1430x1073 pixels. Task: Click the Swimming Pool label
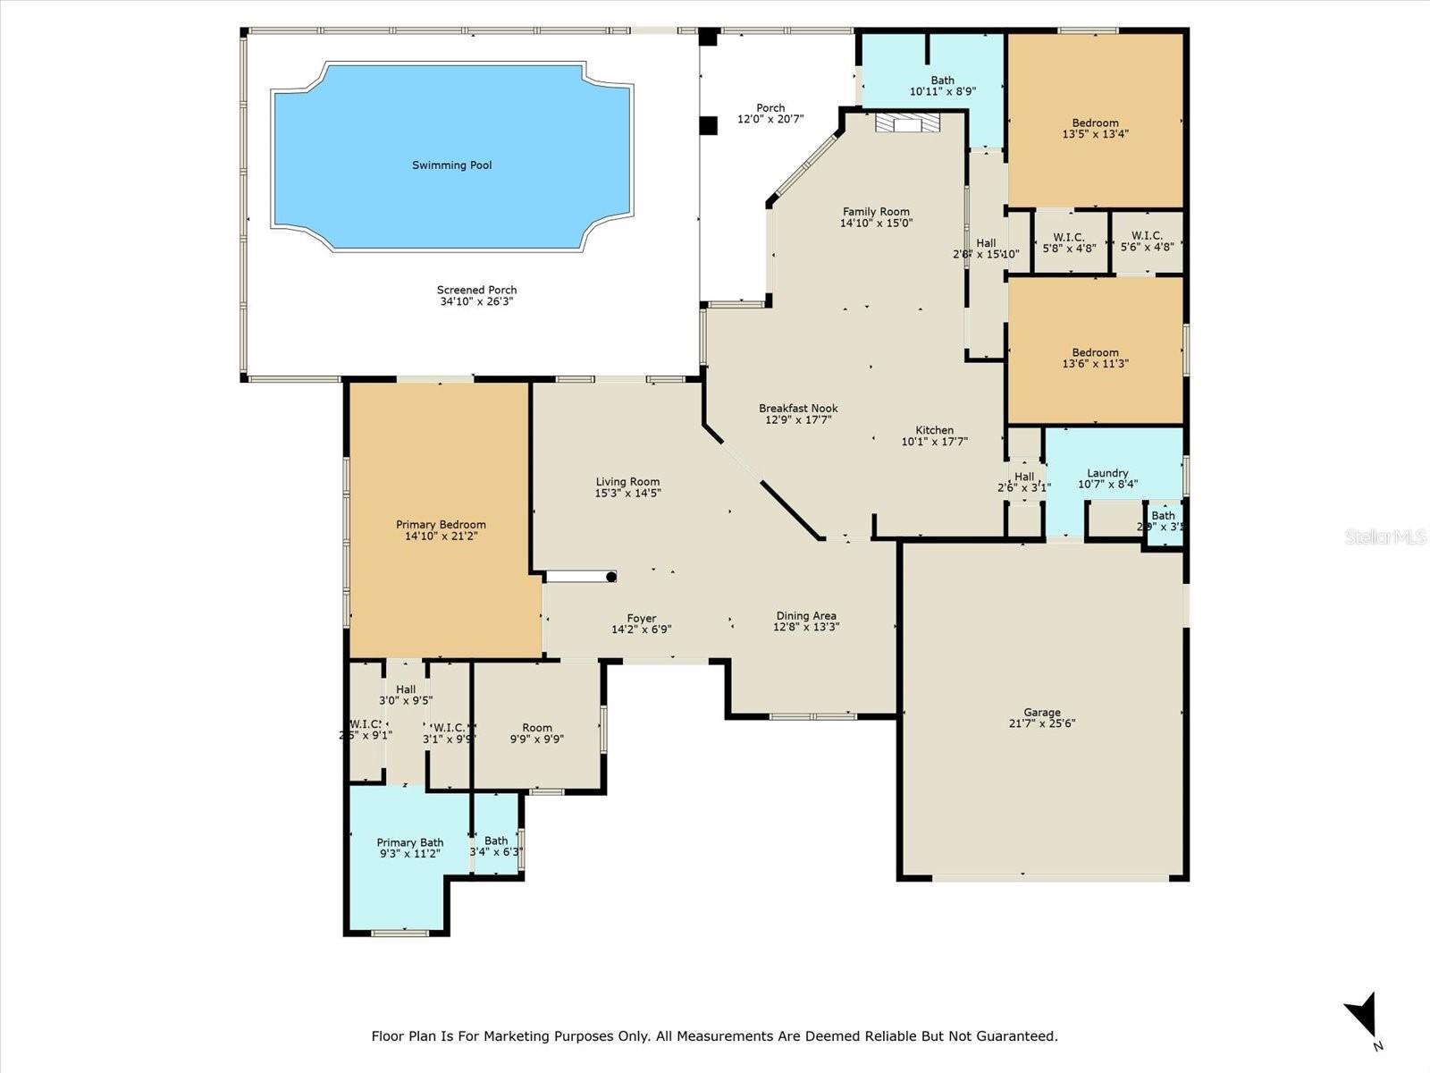(x=451, y=165)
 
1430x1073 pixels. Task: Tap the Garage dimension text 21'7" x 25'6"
(x=1042, y=724)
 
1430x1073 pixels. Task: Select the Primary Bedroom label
(x=441, y=525)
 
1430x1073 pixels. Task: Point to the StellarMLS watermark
(x=1386, y=537)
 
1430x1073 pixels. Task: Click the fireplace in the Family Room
(x=907, y=123)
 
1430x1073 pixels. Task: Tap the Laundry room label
(x=1107, y=473)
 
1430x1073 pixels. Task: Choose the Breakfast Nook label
(x=798, y=409)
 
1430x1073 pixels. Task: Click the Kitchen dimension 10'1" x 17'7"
(x=934, y=442)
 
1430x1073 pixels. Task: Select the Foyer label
(x=641, y=618)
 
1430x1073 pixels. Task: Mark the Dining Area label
(x=805, y=615)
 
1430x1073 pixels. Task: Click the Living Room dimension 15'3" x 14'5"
(x=627, y=494)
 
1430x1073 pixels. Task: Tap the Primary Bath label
(x=409, y=842)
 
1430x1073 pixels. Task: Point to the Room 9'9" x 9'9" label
(x=537, y=728)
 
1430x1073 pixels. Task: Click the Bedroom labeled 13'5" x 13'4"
(x=1095, y=123)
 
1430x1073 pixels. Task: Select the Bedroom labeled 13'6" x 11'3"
(x=1095, y=352)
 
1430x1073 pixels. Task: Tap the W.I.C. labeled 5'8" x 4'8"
(x=1069, y=237)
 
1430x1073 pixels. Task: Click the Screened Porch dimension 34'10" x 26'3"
(x=476, y=302)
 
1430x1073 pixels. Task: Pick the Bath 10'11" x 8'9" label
(x=942, y=80)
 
